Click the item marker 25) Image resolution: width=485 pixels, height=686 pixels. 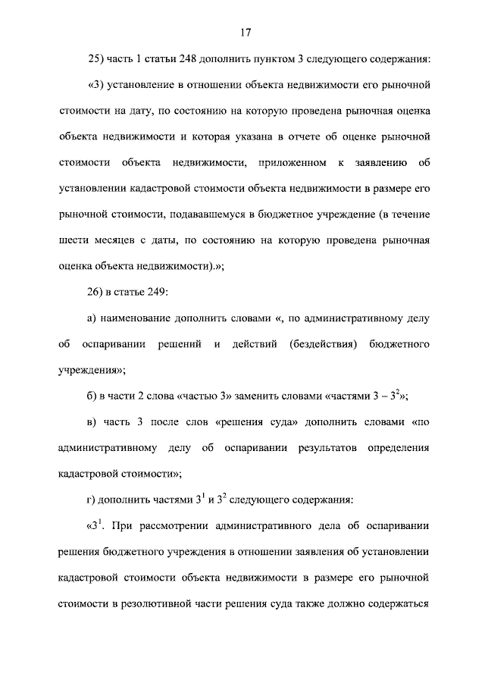point(99,58)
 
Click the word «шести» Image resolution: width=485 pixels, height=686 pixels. point(72,241)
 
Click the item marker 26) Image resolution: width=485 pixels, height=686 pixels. point(99,293)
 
